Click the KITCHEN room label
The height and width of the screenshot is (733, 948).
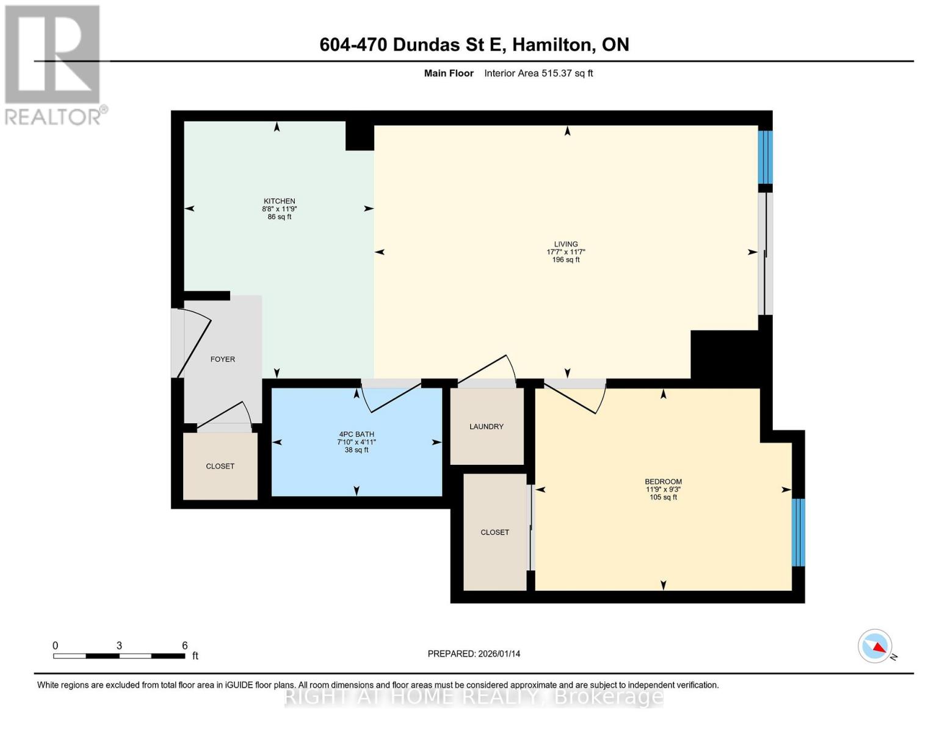pyautogui.click(x=280, y=201)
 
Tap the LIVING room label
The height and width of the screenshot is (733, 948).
pyautogui.click(x=566, y=244)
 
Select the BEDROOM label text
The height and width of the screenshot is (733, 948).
pyautogui.click(x=664, y=481)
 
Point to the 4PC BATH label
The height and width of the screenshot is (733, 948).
pyautogui.click(x=356, y=434)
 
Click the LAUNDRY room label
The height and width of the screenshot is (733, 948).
pyautogui.click(x=487, y=426)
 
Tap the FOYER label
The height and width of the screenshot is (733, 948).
pyautogui.click(x=223, y=359)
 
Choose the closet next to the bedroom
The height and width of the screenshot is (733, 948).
pyautogui.click(x=494, y=532)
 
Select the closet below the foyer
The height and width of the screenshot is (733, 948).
pyautogui.click(x=220, y=466)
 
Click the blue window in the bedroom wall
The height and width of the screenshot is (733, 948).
pyautogui.click(x=798, y=532)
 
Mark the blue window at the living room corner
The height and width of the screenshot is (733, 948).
pyautogui.click(x=765, y=157)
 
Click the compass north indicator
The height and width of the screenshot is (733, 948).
pyautogui.click(x=876, y=646)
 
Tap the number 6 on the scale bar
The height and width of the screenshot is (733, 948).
pyautogui.click(x=184, y=646)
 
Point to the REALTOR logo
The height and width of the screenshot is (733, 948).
pyautogui.click(x=53, y=64)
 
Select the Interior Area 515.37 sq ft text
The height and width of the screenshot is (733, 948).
pyautogui.click(x=538, y=73)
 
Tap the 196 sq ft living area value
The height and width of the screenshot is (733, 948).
pyautogui.click(x=566, y=260)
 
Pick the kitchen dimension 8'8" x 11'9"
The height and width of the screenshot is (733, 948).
pyautogui.click(x=280, y=209)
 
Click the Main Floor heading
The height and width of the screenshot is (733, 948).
pyautogui.click(x=449, y=73)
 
